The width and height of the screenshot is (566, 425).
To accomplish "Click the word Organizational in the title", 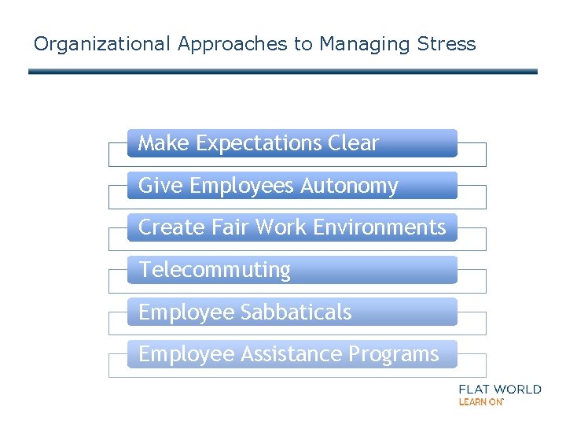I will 101,44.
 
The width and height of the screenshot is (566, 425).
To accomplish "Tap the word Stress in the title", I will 447,44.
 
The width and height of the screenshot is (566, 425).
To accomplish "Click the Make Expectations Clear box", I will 292,143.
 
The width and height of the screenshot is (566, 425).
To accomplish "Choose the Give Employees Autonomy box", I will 292,186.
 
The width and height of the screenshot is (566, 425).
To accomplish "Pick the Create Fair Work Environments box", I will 292,227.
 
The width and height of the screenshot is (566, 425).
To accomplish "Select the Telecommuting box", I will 292,270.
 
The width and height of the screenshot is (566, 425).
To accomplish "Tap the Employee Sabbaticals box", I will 292,312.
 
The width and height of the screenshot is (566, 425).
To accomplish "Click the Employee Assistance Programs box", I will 292,354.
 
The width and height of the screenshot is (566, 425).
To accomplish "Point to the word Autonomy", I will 350,186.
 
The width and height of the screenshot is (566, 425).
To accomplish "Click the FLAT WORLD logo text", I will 499,389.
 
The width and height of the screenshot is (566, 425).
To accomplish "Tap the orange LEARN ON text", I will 480,401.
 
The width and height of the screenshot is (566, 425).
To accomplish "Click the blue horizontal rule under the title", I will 283,72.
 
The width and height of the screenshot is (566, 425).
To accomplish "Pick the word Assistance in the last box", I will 292,354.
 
